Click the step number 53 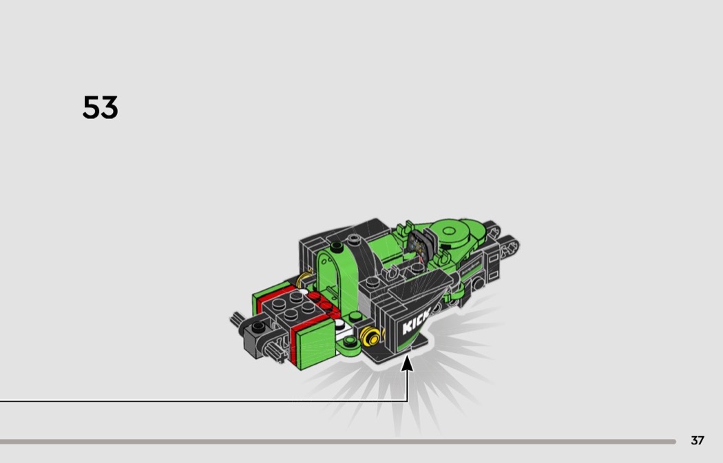pyautogui.click(x=100, y=107)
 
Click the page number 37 pyautogui.click(x=697, y=440)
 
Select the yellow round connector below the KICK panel pyautogui.click(x=371, y=336)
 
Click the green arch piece pyautogui.click(x=337, y=277)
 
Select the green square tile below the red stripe pyautogui.click(x=315, y=344)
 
